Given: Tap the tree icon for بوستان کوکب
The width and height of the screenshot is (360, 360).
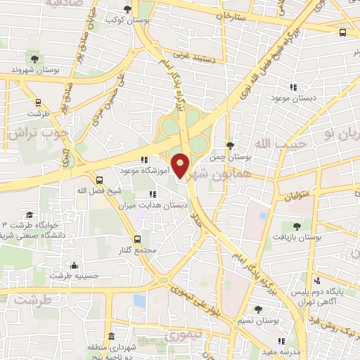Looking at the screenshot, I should (127, 8).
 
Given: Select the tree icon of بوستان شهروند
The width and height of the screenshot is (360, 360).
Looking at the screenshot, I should (35, 58).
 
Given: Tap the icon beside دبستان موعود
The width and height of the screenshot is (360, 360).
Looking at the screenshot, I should (293, 87).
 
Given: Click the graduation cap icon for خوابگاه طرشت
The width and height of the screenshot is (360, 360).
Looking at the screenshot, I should (29, 215).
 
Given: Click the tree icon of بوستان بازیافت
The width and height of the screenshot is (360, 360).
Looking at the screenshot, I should (296, 226).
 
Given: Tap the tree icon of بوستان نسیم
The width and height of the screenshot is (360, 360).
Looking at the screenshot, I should (258, 309).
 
